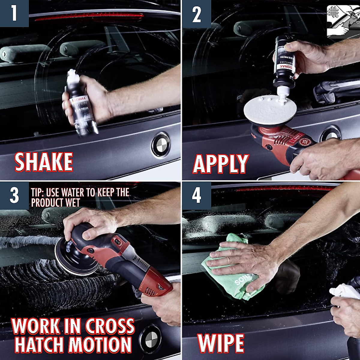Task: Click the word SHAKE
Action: coord(44,162)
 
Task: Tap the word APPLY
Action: coord(221,164)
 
